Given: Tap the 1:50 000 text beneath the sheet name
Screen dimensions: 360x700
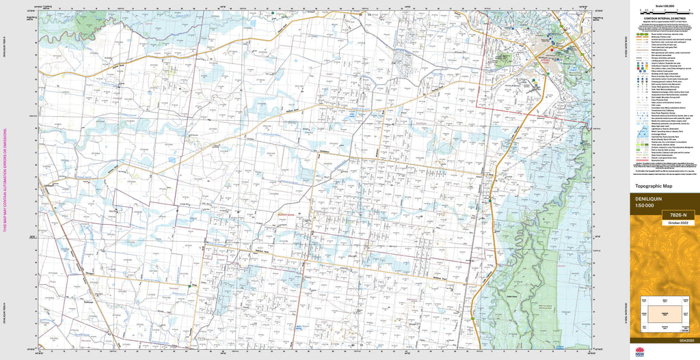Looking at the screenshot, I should pyautogui.click(x=646, y=206).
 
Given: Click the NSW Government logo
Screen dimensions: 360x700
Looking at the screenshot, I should pyautogui.click(x=640, y=352).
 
